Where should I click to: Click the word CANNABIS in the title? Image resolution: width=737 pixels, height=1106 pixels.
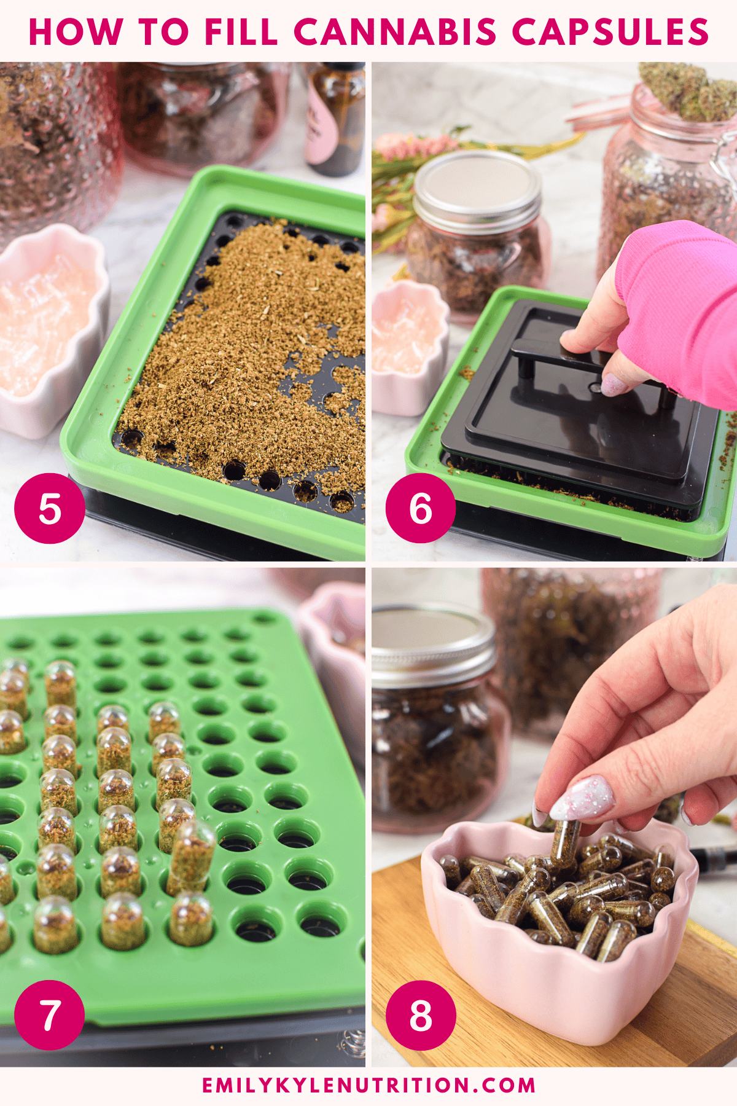pyautogui.click(x=395, y=32)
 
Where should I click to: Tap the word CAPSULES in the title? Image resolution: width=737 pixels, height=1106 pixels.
pyautogui.click(x=610, y=32)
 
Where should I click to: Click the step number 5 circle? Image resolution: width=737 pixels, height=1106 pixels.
pyautogui.click(x=50, y=508)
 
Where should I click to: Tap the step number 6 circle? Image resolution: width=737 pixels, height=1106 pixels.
pyautogui.click(x=421, y=508)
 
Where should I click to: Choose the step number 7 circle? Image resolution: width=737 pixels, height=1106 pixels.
pyautogui.click(x=50, y=1015)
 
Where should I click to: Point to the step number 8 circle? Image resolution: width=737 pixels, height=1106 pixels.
pyautogui.click(x=421, y=1015)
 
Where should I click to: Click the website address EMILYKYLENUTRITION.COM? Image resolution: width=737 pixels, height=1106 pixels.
pyautogui.click(x=368, y=1084)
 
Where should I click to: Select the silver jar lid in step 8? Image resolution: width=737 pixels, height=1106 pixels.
pyautogui.click(x=433, y=645)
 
